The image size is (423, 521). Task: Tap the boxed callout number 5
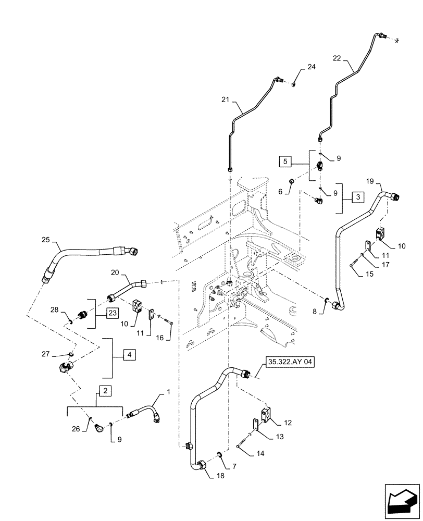coord(285,162)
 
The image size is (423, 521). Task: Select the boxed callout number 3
coord(357,197)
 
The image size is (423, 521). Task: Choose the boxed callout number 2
coord(105,390)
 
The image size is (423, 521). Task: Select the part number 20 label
coord(115,273)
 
